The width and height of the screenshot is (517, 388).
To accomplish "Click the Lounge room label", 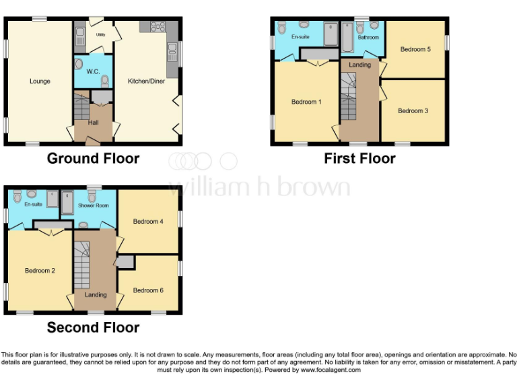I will [40, 82].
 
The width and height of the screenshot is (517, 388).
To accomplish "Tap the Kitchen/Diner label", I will [145, 82].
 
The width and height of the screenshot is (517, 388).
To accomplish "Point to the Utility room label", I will [100, 34].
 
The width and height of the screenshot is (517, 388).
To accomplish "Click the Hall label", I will [94, 123].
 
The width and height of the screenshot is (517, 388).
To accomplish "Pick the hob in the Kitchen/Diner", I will [159, 27].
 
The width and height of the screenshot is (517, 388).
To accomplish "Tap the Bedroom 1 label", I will [304, 102].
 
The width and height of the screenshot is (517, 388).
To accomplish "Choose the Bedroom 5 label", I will [415, 49].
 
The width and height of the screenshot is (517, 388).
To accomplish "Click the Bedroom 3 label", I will [413, 110].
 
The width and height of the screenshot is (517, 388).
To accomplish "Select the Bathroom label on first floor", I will [368, 38].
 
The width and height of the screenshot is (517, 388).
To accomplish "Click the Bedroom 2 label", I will [40, 271].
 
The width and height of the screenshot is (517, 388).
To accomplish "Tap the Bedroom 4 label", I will [148, 222].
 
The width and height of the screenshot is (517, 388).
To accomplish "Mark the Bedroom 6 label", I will [148, 290].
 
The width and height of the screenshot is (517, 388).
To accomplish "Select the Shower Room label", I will [93, 206].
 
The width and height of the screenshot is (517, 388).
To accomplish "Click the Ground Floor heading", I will [93, 159].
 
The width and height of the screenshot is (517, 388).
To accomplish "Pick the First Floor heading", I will [359, 159].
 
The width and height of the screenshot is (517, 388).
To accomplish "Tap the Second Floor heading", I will [93, 328].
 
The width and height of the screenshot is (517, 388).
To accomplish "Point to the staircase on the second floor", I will [81, 266].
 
